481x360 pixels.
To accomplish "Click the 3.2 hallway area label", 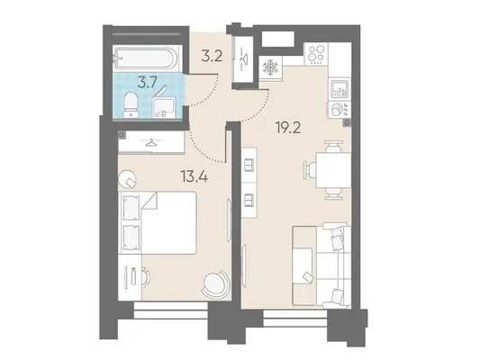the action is pyautogui.click(x=212, y=57).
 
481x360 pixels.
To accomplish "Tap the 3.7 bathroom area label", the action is pyautogui.click(x=147, y=83).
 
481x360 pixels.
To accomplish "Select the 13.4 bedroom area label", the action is pyautogui.click(x=194, y=176).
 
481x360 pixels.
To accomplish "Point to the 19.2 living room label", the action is pyautogui.click(x=288, y=129).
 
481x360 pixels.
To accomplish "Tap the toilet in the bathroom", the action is pyautogui.click(x=132, y=104).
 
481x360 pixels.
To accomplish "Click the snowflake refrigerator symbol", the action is pyautogui.click(x=270, y=67).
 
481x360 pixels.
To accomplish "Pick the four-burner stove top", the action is pyautogui.click(x=316, y=54).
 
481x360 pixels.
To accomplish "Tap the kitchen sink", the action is pyautogui.click(x=339, y=88).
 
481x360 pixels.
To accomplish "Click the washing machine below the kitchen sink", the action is pyautogui.click(x=339, y=110).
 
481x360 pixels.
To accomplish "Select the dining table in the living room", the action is pyautogui.click(x=333, y=170).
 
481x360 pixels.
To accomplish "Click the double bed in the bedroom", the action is pyautogui.click(x=159, y=222).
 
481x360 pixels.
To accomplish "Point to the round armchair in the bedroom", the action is pyautogui.click(x=215, y=283).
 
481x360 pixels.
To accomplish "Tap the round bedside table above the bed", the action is pyautogui.click(x=127, y=178).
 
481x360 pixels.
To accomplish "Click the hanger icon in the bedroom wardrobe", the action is pyautogui.click(x=150, y=142).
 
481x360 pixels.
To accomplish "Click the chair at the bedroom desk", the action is pyautogui.click(x=145, y=276).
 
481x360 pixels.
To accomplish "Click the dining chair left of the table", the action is pyautogui.click(x=310, y=170).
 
